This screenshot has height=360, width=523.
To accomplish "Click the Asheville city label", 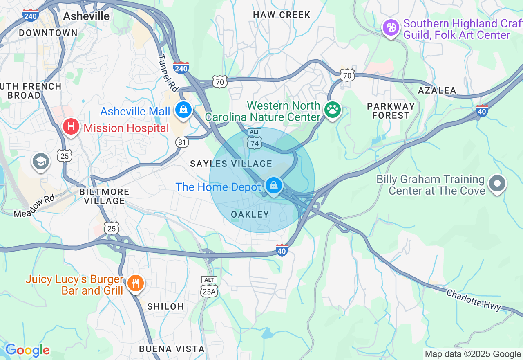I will click(x=87, y=16).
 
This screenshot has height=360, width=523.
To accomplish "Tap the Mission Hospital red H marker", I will click(x=71, y=127).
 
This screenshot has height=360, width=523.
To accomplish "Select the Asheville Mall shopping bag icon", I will click(x=183, y=110).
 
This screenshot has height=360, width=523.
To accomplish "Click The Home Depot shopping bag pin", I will click(x=273, y=186).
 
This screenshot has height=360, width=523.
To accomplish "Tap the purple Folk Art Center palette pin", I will click(x=391, y=27).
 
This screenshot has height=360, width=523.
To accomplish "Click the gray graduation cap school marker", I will click(x=41, y=161).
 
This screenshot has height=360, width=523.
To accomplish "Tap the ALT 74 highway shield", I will click(x=254, y=139).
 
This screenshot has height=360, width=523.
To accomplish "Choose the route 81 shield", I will click(x=182, y=142).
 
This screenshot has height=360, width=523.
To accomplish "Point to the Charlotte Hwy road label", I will click(x=474, y=300).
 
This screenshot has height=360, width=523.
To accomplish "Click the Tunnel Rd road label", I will click(x=168, y=74).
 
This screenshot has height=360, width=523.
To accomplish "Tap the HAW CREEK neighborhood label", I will click(x=282, y=15).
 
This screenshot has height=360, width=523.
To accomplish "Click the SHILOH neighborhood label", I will click(x=165, y=306).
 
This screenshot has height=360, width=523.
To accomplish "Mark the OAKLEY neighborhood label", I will click(x=250, y=214).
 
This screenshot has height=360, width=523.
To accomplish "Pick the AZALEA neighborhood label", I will click(x=437, y=90).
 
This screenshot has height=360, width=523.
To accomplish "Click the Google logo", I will click(x=27, y=350).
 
